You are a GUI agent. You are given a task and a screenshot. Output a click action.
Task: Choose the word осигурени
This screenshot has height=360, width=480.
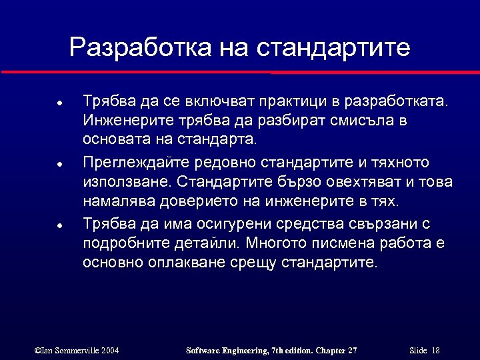239,223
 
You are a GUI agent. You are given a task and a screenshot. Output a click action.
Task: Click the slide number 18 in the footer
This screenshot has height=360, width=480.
435,351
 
